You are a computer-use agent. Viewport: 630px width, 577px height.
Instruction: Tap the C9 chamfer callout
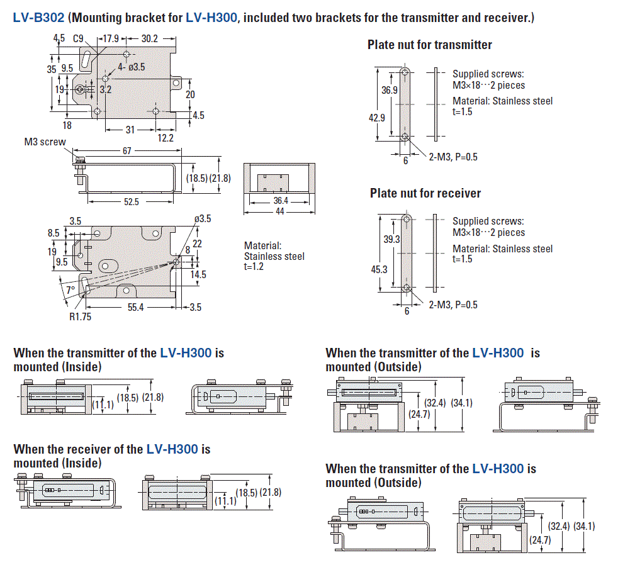tap(78, 39)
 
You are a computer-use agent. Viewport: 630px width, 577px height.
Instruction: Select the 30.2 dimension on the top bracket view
tap(150, 39)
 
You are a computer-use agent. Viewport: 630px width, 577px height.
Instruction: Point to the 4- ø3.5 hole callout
tap(132, 67)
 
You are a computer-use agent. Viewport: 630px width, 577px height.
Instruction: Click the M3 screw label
tap(45, 142)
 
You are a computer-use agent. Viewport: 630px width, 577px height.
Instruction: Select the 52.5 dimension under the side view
tap(132, 201)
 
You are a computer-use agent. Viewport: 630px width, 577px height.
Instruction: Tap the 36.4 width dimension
tap(280, 201)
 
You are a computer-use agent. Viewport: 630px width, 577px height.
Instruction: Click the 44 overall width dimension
tap(280, 211)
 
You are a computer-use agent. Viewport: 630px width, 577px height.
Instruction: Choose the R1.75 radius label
tap(80, 317)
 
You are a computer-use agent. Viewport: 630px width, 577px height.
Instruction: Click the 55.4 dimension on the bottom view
tap(132, 307)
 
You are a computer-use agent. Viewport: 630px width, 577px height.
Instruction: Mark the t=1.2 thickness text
tap(256, 267)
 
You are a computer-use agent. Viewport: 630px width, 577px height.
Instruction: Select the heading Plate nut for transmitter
tap(429, 45)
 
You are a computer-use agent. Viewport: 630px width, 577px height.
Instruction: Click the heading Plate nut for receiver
tap(425, 193)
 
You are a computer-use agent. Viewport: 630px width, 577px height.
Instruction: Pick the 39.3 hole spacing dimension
tap(391, 240)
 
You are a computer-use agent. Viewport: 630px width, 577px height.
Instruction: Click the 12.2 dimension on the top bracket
tap(166, 138)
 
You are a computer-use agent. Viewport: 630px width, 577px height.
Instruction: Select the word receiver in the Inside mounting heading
tap(101, 449)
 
